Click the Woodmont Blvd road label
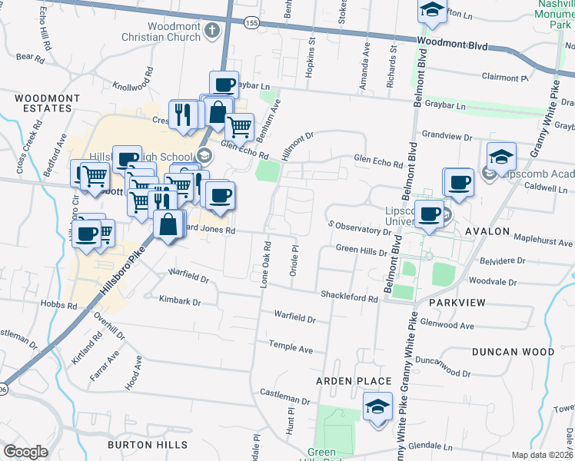click(x=453, y=45)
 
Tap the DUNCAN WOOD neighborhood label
click(x=514, y=352)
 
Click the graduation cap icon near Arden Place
click(x=378, y=406)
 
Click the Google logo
click(x=26, y=452)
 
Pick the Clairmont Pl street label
click(x=504, y=78)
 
